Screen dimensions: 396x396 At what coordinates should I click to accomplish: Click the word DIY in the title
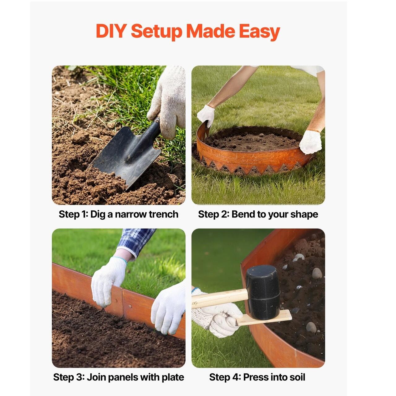(111, 31)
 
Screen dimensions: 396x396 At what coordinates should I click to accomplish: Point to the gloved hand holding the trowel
(167, 102)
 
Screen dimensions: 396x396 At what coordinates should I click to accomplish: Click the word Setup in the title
(156, 32)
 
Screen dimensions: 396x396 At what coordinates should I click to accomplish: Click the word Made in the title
(210, 31)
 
